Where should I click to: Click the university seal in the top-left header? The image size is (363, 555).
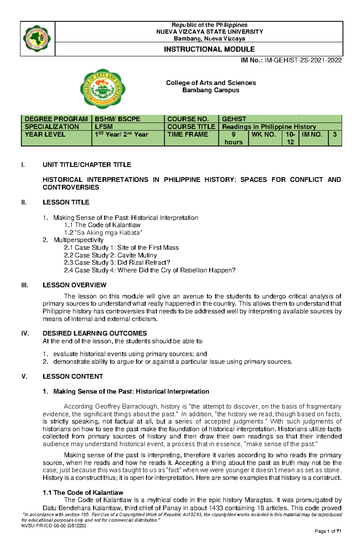tap(37, 39)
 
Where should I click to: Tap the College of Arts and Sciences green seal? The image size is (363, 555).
tap(103, 89)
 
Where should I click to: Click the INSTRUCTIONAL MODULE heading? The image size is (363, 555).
tap(209, 49)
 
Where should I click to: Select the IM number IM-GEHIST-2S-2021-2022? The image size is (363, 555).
tap(303, 60)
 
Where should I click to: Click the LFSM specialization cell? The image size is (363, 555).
tap(104, 127)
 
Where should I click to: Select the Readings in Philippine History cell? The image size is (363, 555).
tap(269, 127)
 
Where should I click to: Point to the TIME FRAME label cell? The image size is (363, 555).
tap(188, 135)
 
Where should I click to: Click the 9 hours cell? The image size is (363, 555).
tap(234, 138)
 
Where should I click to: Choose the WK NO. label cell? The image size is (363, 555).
tap(263, 135)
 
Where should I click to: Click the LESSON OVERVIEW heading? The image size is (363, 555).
tap(74, 285)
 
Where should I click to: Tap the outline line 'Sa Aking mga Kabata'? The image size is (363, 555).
tap(103, 233)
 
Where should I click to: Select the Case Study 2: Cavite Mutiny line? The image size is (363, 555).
tap(110, 255)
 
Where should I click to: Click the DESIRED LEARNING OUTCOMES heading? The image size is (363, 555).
tap(95, 333)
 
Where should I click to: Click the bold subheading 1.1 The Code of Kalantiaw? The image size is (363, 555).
tap(83, 493)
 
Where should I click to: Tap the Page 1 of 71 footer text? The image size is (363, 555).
tap(328, 540)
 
